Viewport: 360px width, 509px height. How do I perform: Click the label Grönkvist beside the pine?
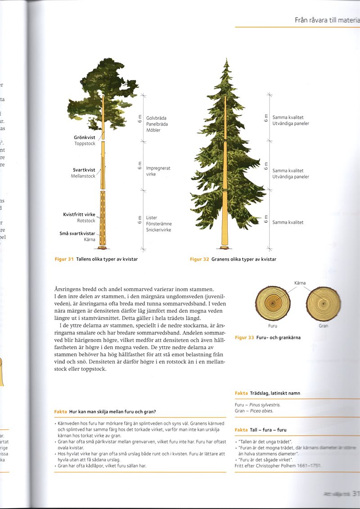click(x=85, y=137)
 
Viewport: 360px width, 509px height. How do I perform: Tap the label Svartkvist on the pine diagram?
click(x=84, y=170)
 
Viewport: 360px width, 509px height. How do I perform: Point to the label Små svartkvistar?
click(x=77, y=234)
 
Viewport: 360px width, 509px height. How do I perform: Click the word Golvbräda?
click(x=156, y=118)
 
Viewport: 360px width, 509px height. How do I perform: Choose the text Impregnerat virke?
click(x=158, y=171)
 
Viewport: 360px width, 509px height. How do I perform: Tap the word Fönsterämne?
click(x=159, y=224)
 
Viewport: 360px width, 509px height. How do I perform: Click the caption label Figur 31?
click(x=64, y=259)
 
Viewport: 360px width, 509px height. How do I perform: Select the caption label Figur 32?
click(x=199, y=259)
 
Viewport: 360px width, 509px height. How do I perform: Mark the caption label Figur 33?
click(x=245, y=338)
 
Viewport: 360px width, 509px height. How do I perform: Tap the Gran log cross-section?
click(x=323, y=304)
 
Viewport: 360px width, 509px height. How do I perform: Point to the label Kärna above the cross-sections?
click(x=300, y=283)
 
